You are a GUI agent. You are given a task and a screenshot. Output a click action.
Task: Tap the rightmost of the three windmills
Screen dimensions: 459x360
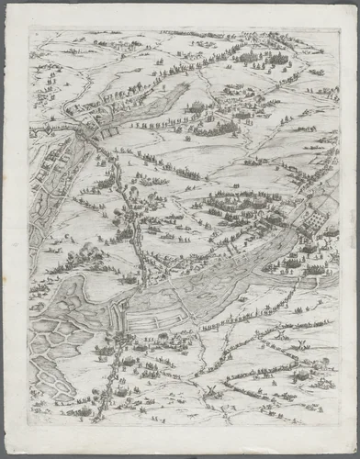point(298,344)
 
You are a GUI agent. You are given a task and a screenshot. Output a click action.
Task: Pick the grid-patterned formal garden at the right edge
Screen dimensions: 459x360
point(312,220)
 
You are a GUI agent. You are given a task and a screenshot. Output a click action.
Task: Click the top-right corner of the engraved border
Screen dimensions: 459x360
point(339,28)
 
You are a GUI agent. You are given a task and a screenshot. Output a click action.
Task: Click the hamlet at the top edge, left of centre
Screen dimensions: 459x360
point(110,41)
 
